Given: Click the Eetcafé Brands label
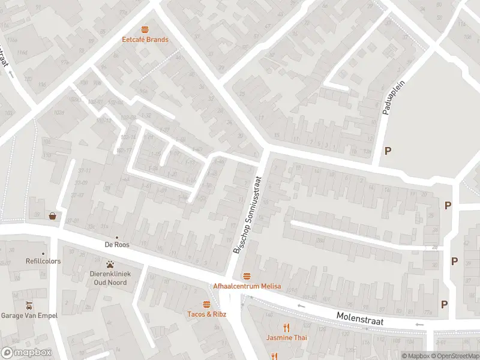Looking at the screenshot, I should pyautogui.click(x=145, y=40).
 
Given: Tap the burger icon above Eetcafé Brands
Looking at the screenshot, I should pyautogui.click(x=145, y=29).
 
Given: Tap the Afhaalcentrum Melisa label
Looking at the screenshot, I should pyautogui.click(x=247, y=286).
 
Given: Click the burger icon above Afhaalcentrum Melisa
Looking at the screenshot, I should pyautogui.click(x=247, y=276).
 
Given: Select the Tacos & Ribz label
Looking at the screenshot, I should pyautogui.click(x=207, y=314).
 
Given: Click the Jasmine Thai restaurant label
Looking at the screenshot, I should pyautogui.click(x=287, y=338).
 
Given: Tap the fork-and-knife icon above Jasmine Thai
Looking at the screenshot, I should pyautogui.click(x=287, y=327).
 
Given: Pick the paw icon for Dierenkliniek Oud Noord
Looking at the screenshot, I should pyautogui.click(x=110, y=264).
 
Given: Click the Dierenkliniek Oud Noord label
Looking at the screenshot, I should pyautogui.click(x=110, y=278).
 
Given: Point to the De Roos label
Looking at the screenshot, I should pyautogui.click(x=117, y=245).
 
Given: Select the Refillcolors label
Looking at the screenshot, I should pyautogui.click(x=43, y=262).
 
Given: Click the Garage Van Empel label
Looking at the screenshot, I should pyautogui.click(x=28, y=316).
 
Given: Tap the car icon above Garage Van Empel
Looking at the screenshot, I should pyautogui.click(x=28, y=305).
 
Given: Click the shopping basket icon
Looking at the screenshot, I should pyautogui.click(x=53, y=216).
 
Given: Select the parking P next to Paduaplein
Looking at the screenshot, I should pyautogui.click(x=388, y=151).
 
